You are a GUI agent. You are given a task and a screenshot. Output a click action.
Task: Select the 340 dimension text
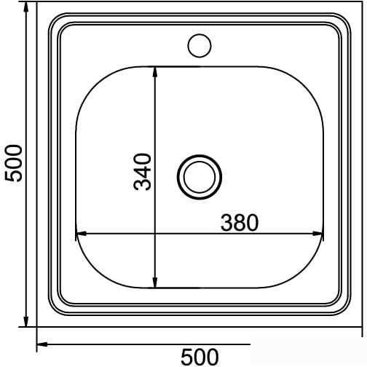144,172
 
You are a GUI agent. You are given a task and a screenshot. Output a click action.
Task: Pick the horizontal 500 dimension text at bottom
199,357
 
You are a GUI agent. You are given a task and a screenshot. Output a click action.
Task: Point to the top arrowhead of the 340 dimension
155,71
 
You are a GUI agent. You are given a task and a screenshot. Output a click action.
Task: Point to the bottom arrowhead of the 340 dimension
155,282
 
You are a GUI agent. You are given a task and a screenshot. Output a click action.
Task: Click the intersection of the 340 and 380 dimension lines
155,234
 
